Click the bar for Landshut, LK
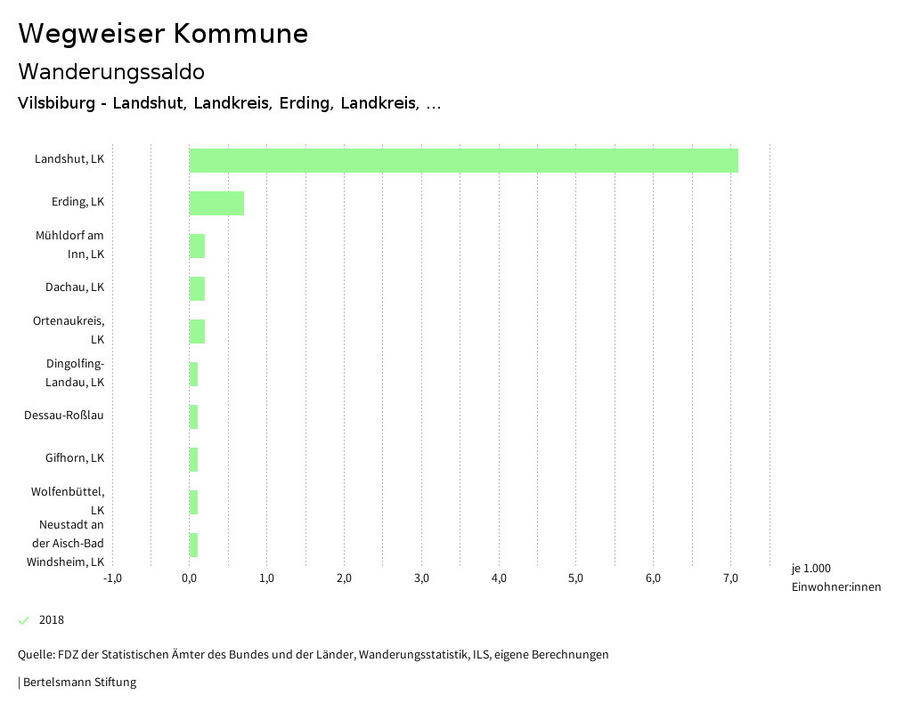point(463,160)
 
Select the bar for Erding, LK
point(216,203)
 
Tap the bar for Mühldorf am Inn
point(197,246)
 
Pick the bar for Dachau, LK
point(197,288)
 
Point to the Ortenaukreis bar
point(197,331)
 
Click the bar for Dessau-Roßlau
point(193,416)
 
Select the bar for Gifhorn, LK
point(193,459)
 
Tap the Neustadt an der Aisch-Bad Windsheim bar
point(193,545)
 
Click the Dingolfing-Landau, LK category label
point(75,373)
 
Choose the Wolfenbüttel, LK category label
point(68,500)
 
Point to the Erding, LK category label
point(77,202)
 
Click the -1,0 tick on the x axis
point(112,578)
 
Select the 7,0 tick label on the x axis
point(730,578)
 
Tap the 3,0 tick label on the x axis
point(421,578)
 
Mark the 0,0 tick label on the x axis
point(190,578)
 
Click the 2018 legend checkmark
point(24,620)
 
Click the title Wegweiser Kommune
point(163,34)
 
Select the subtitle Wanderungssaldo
point(111,71)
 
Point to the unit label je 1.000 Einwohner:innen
point(835,578)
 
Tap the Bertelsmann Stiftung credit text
point(78,683)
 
